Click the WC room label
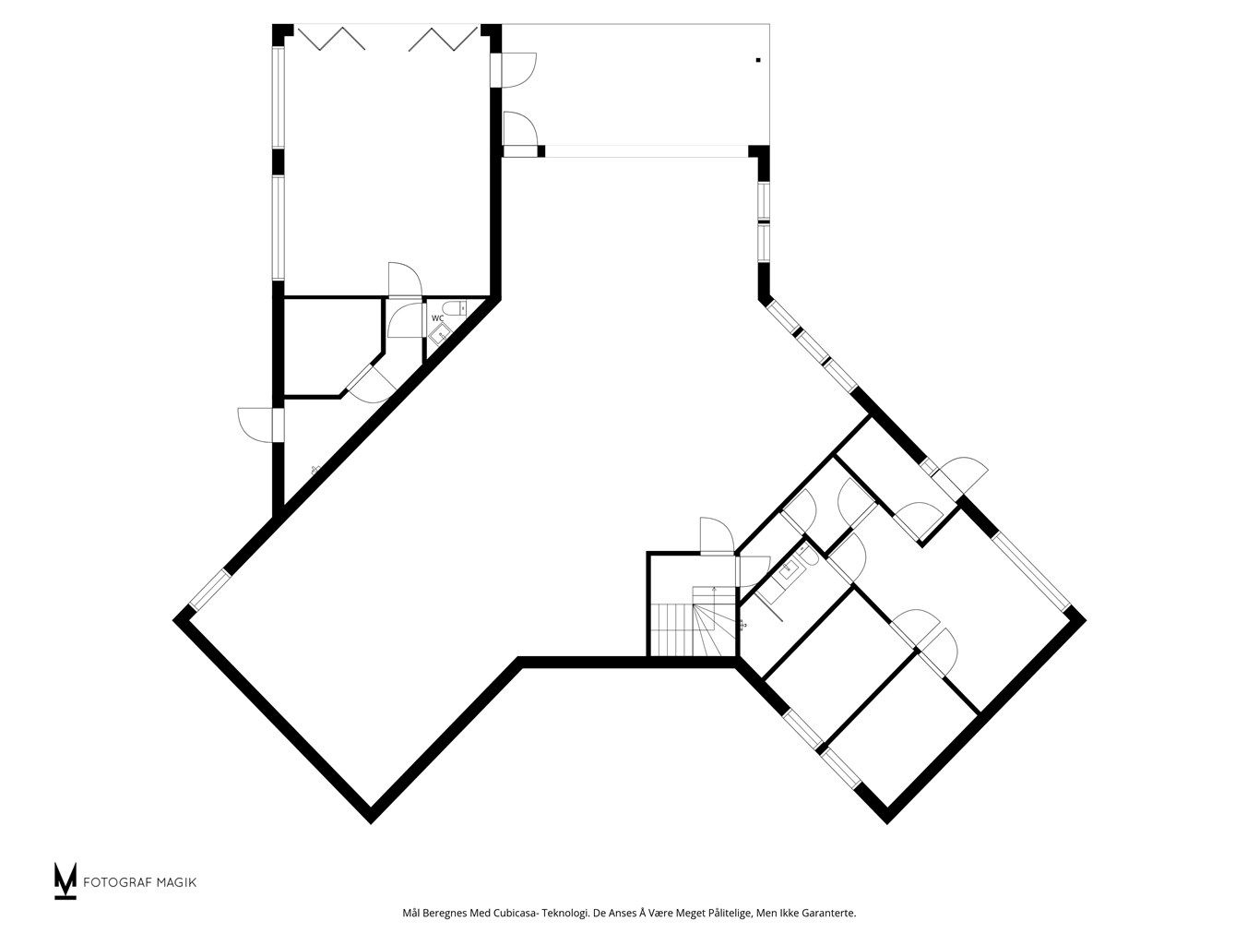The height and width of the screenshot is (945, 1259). click(x=437, y=317)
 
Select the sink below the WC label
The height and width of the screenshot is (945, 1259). click(x=440, y=334)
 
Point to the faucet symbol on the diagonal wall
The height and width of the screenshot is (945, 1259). click(x=314, y=471)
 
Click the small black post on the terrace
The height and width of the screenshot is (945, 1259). click(x=758, y=60)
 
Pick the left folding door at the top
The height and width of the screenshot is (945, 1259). click(x=331, y=38)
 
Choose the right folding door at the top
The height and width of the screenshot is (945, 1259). click(x=443, y=38)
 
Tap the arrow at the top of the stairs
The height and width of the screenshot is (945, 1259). click(x=714, y=589)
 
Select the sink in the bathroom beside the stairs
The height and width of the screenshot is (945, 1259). click(x=787, y=569)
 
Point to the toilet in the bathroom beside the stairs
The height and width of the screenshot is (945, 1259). click(x=809, y=556)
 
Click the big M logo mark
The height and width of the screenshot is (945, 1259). click(x=65, y=880)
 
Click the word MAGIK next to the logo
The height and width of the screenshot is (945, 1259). click(x=177, y=882)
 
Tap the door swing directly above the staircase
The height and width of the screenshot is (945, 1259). click(x=717, y=535)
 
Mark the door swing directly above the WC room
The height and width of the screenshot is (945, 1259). click(x=405, y=280)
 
